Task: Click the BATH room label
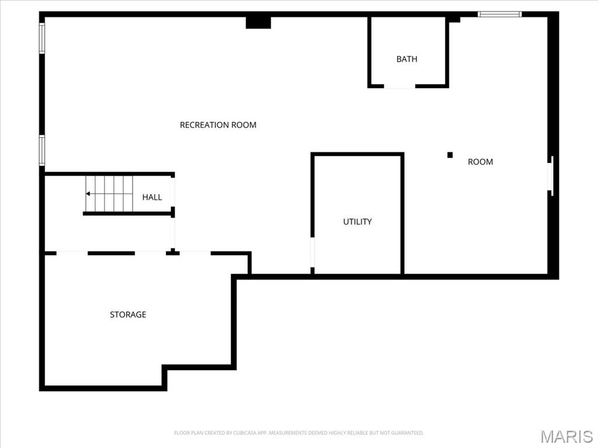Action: coord(407,59)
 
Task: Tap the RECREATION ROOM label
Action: coord(218,125)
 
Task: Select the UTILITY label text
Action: coord(357,222)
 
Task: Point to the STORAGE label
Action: coord(128,314)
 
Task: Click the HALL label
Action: coord(152,197)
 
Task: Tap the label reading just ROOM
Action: coord(480,162)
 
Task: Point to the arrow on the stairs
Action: coord(88,194)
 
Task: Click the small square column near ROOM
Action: coord(450,155)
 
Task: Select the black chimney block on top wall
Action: coord(258,22)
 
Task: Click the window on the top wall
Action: coord(499,14)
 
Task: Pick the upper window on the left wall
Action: coord(42,38)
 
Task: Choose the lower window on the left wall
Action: coord(42,150)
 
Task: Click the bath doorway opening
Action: coord(399,86)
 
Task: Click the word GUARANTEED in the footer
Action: coord(406,433)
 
